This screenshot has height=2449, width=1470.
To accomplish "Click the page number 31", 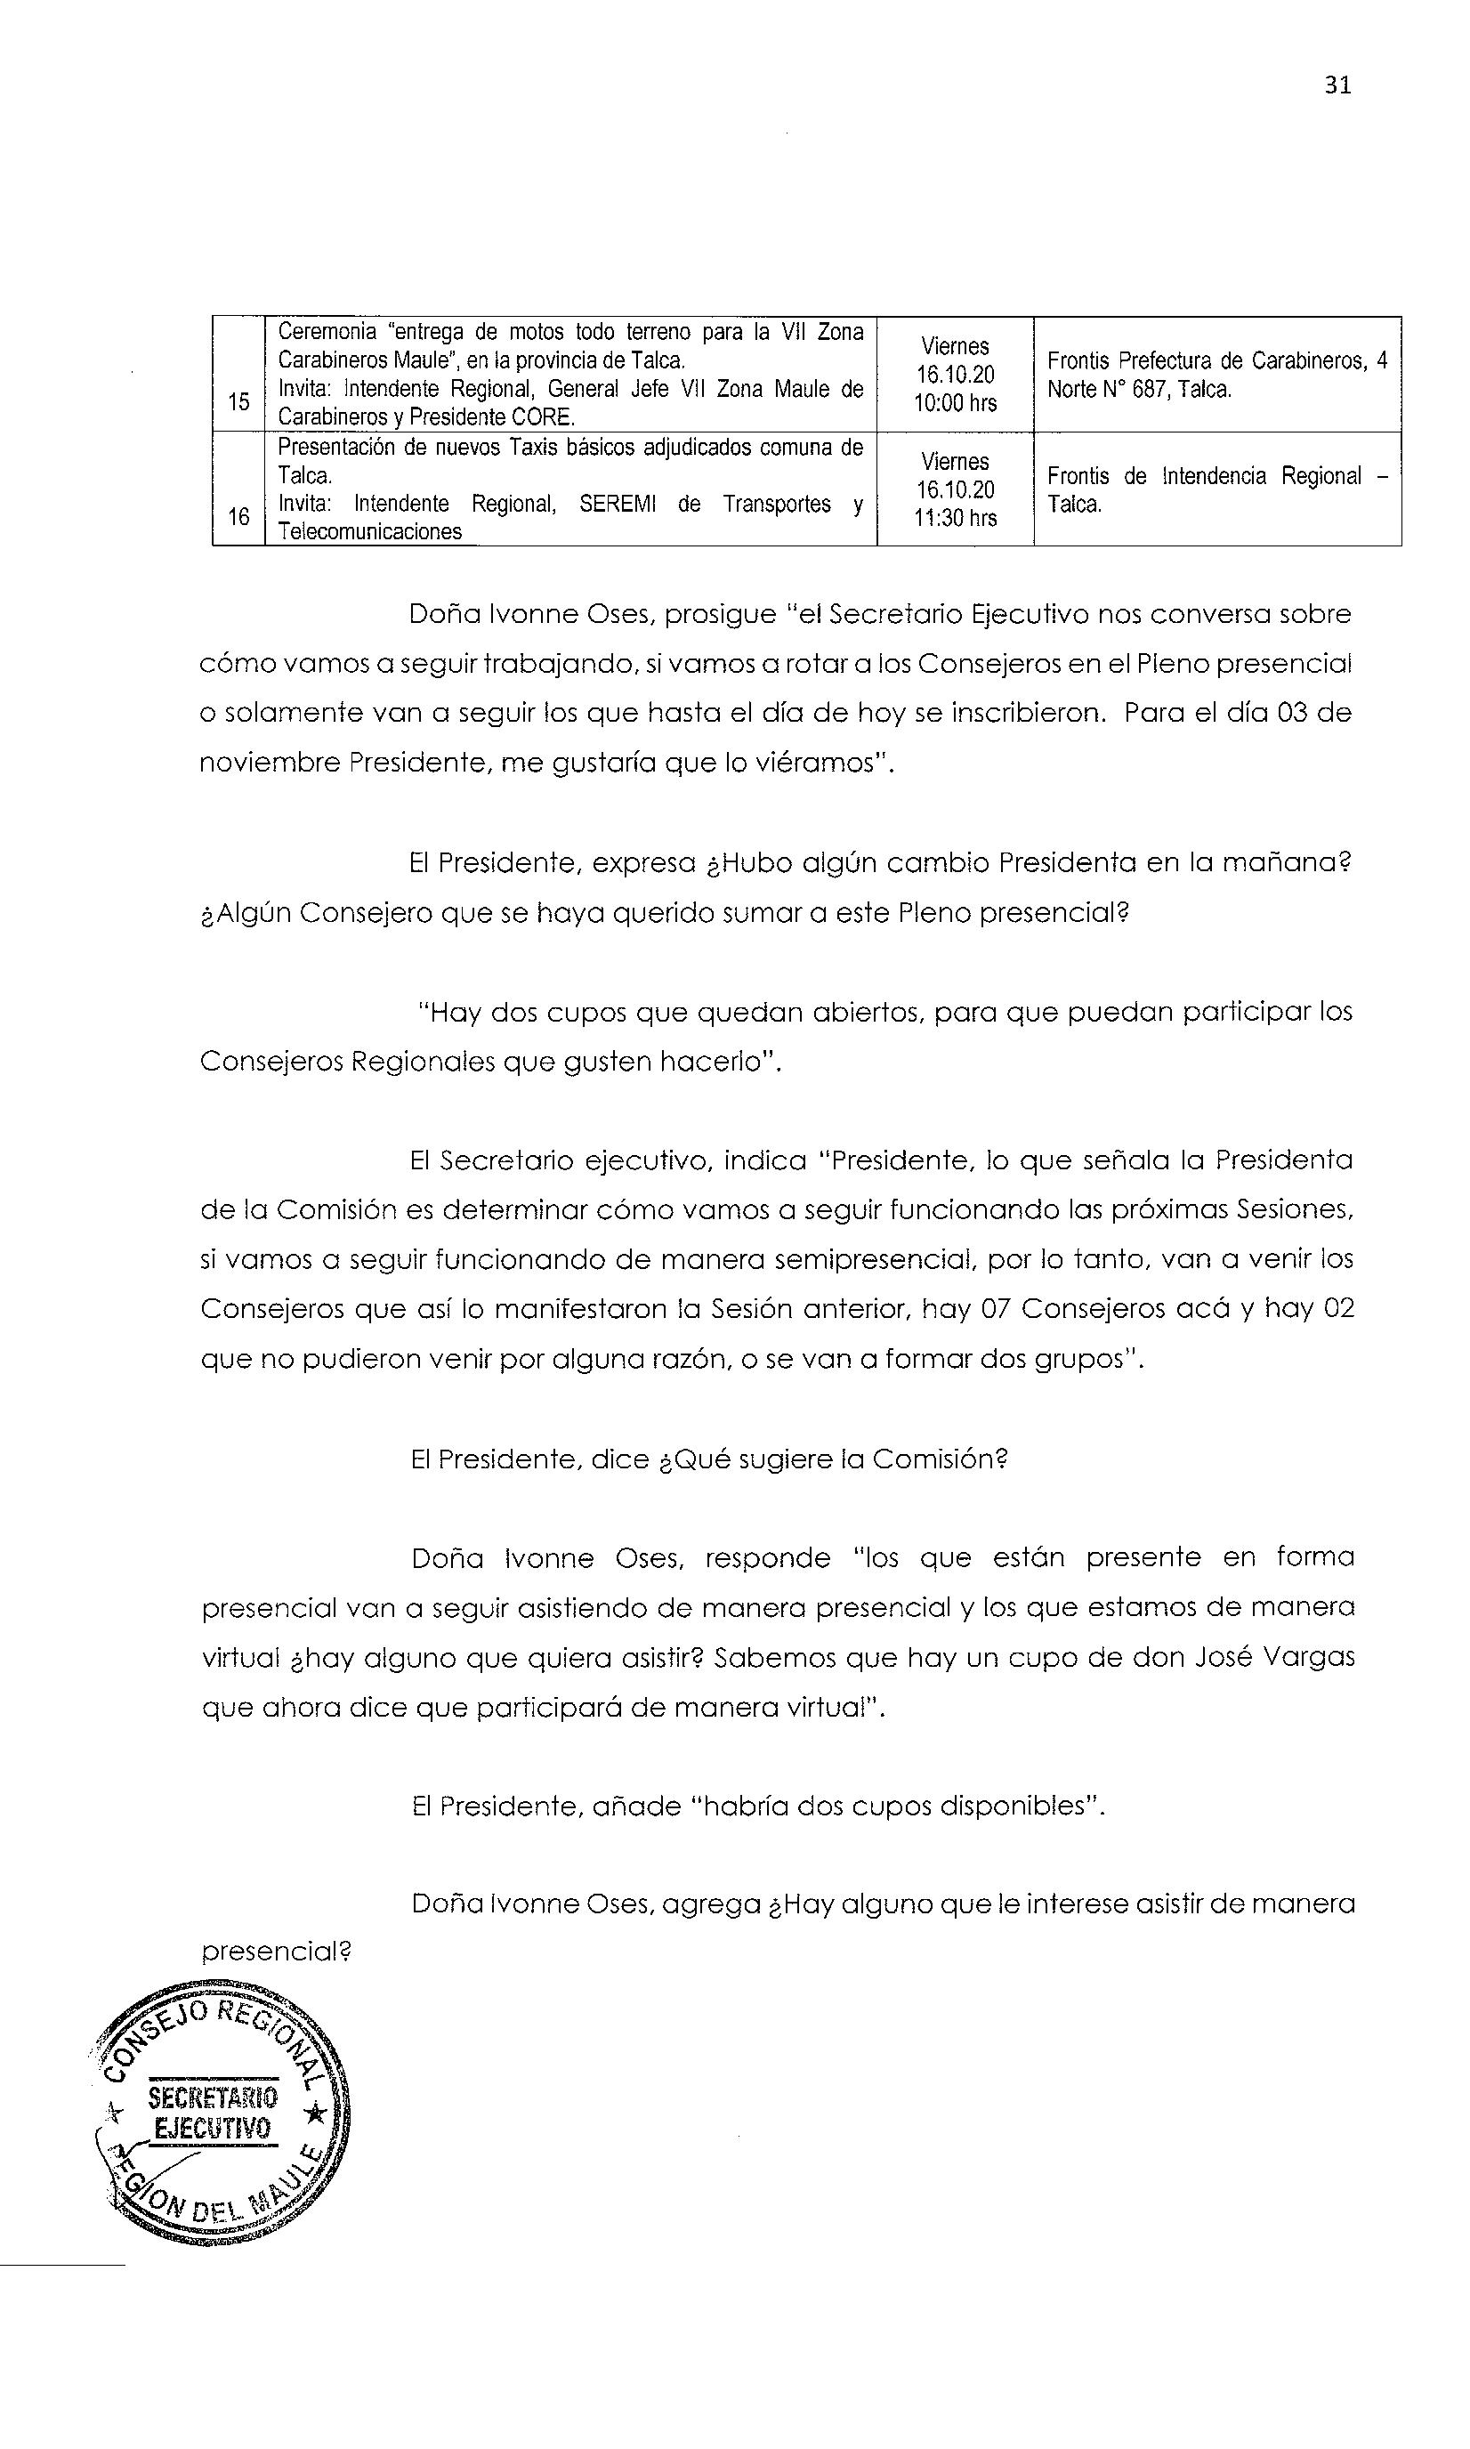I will coord(1337,85).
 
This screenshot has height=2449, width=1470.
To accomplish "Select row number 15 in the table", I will coord(238,401).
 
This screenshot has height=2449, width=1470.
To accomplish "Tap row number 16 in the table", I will coord(238,516).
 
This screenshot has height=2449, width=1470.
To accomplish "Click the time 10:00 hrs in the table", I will coord(955,403).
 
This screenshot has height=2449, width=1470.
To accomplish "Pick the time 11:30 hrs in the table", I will coord(955,518).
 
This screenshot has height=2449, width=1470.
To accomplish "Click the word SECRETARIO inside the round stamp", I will coord(213,2097).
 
